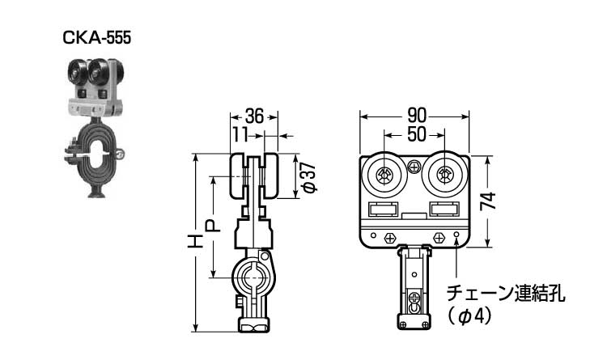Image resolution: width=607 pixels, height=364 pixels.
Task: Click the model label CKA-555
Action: point(97,38)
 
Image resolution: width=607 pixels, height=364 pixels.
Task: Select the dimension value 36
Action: point(254,116)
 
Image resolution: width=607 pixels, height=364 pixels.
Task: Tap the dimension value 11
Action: point(240,135)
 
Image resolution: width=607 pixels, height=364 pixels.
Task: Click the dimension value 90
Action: point(417,116)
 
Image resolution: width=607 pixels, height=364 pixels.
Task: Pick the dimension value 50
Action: point(417,134)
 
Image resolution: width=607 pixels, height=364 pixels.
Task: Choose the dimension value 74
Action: point(488,201)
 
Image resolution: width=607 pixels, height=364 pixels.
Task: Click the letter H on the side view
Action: point(195,241)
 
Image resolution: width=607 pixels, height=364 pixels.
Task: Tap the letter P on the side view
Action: point(213,226)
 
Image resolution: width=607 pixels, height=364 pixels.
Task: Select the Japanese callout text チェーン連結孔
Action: point(506,294)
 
